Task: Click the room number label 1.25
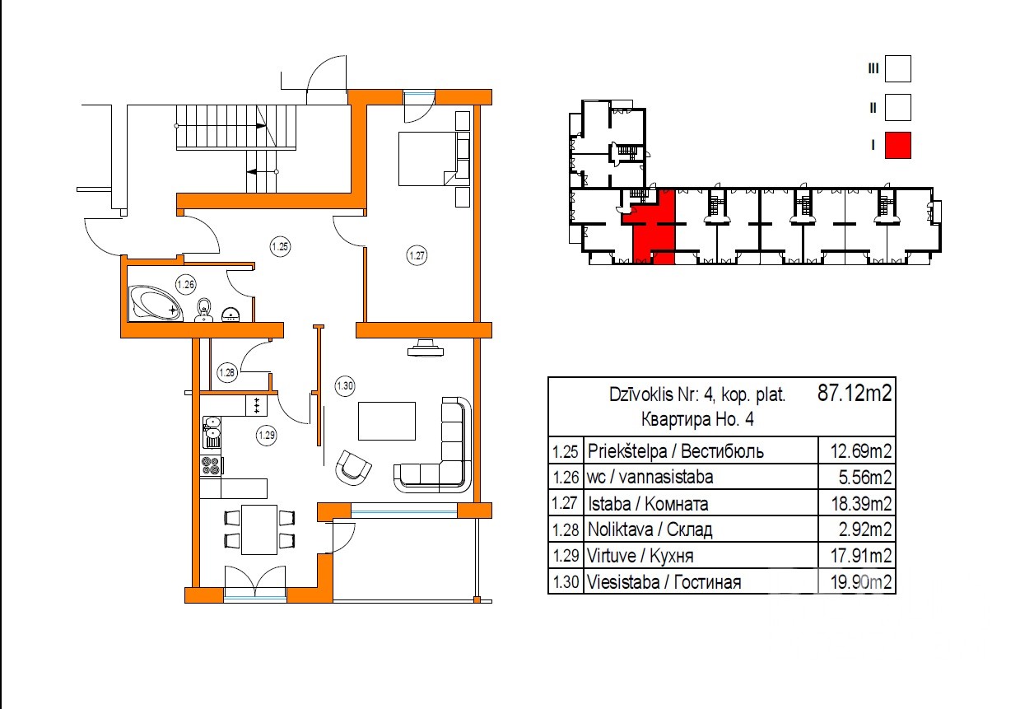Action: pos(280,246)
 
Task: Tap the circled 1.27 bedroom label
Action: pos(417,255)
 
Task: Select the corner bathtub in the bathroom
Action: pos(156,303)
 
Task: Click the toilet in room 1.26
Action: pos(204,310)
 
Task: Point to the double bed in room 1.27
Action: pos(434,158)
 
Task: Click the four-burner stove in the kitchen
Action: pos(212,466)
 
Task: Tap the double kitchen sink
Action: pos(212,432)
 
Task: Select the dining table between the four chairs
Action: pos(259,529)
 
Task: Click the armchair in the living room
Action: pos(352,468)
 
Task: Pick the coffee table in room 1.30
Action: pos(387,421)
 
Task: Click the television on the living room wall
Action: pos(426,348)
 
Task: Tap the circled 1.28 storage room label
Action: pos(226,373)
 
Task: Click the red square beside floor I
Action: pos(898,145)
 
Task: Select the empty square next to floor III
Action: pos(898,69)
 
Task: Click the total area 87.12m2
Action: pos(855,393)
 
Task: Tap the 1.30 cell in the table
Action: pos(566,582)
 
